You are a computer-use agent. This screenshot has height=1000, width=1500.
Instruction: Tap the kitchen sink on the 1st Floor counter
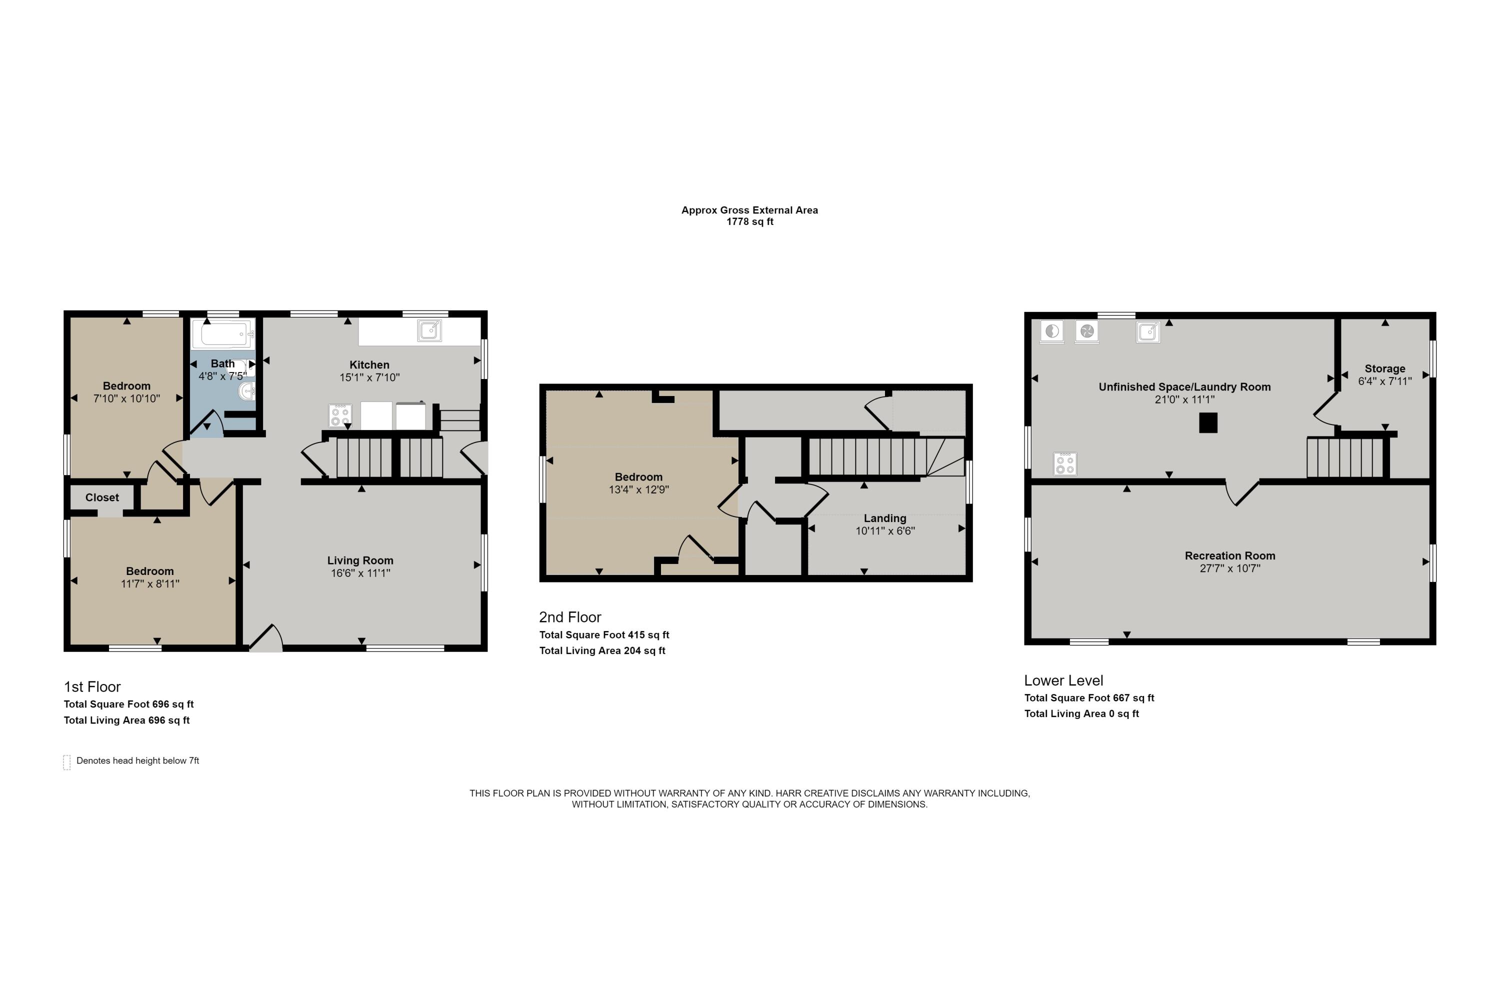click(429, 330)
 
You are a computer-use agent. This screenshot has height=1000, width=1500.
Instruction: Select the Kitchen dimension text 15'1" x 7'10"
click(369, 377)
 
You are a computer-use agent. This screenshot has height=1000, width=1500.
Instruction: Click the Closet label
click(102, 497)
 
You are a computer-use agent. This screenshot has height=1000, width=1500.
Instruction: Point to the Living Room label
click(360, 560)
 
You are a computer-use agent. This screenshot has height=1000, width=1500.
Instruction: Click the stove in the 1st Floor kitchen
click(340, 415)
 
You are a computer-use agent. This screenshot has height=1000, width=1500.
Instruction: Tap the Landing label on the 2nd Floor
click(884, 518)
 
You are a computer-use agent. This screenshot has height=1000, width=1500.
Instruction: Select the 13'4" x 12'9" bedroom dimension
click(638, 490)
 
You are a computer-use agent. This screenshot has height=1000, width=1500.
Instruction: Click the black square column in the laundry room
click(1208, 423)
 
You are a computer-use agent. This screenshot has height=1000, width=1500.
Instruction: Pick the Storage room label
click(1384, 368)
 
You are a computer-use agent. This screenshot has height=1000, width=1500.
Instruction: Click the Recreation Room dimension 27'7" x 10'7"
click(1229, 568)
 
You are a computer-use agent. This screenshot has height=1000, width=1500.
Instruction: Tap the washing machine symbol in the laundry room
click(1051, 331)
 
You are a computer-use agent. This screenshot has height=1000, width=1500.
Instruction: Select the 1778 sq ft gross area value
click(749, 222)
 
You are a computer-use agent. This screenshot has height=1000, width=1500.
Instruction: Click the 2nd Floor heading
click(569, 616)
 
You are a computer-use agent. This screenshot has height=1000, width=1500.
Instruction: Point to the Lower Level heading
click(1063, 680)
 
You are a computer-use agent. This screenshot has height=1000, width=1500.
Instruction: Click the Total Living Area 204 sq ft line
click(602, 650)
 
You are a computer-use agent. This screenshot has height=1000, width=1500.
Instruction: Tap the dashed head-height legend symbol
click(67, 762)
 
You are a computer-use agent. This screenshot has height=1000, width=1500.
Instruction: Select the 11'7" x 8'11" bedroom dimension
click(150, 583)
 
